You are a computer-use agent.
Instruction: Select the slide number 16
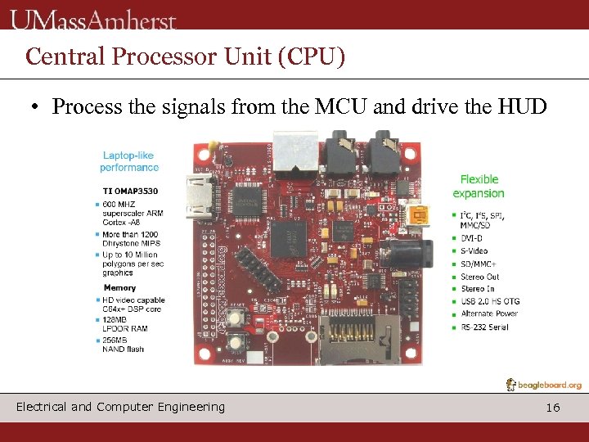point(553,407)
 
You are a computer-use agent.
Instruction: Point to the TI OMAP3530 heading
point(130,191)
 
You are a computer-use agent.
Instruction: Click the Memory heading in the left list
point(119,288)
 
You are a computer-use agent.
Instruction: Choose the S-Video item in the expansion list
point(474,251)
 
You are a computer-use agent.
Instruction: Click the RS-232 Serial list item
point(484,327)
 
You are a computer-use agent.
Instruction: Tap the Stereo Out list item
point(479,277)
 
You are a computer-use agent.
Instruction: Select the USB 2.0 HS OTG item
point(489,302)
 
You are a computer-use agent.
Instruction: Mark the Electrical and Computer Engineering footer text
point(120,407)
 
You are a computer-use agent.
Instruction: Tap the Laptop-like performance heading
point(129,161)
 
